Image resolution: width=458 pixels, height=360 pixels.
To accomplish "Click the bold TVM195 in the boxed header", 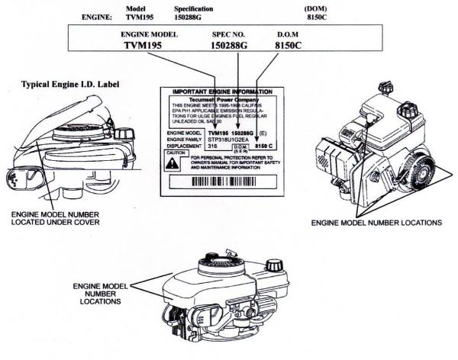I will click(x=145, y=46).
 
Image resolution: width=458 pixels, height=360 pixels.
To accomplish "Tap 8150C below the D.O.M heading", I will click(x=293, y=46).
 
